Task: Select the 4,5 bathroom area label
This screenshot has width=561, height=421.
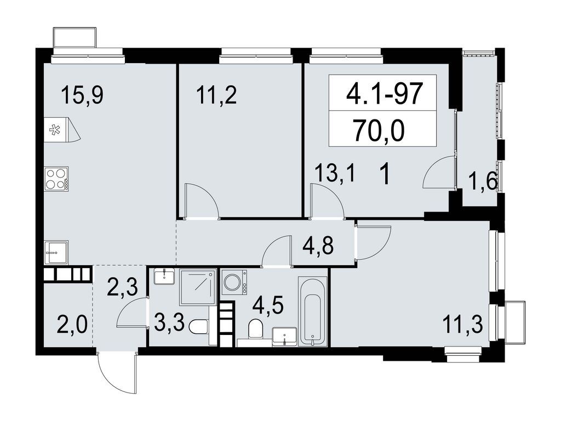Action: (x=267, y=305)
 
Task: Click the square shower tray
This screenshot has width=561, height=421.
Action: (x=198, y=287)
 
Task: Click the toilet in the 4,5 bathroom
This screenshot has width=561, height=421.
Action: (x=255, y=328)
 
